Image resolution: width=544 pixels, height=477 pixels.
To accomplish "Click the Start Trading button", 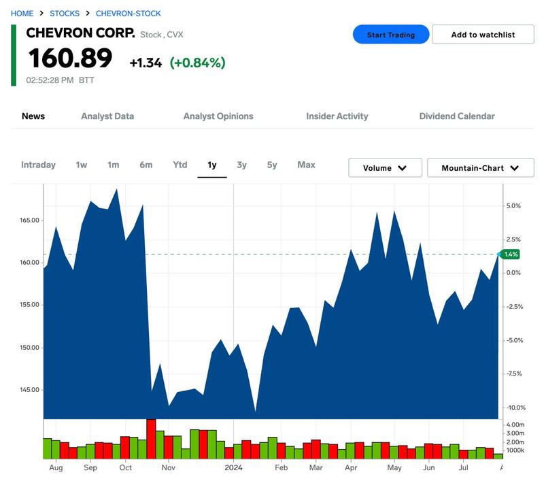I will (390, 35).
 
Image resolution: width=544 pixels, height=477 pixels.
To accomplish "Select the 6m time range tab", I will (146, 165).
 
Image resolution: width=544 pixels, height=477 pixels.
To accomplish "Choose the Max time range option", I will (306, 165).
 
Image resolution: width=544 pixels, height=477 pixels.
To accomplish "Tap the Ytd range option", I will (180, 165).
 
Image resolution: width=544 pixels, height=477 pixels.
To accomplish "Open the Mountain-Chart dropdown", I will (480, 168).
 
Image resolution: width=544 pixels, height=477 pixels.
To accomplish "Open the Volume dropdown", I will (385, 168).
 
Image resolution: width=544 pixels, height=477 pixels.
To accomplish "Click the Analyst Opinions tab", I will (218, 116).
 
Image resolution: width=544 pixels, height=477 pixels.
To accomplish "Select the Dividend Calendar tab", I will (457, 116).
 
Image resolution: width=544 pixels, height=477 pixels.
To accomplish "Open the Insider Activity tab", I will (337, 116).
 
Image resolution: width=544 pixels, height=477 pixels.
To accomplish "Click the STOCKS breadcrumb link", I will (65, 14).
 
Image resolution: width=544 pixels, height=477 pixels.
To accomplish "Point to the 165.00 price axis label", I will (29, 220).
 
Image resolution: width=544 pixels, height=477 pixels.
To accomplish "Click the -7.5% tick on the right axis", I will (513, 374).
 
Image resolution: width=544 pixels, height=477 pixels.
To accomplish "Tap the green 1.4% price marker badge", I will (511, 254).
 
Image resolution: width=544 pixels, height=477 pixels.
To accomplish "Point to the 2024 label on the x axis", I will (233, 467).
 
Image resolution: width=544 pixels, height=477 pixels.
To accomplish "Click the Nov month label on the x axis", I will (168, 467).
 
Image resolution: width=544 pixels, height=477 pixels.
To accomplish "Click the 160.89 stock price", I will (70, 59).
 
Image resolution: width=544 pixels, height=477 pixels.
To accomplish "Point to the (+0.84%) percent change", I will (197, 63).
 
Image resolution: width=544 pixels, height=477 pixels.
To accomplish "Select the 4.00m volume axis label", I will (515, 425).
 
